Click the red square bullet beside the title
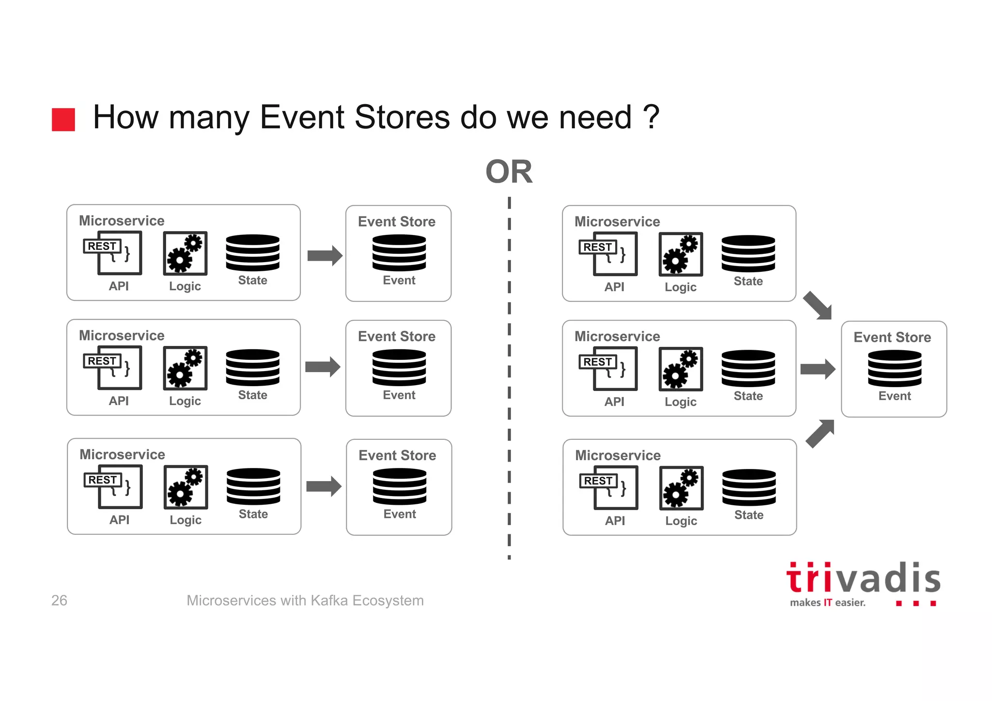63,119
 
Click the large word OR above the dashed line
509,172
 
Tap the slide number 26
59,600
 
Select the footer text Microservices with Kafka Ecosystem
305,600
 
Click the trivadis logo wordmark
863,579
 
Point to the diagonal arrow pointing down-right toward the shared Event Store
818,306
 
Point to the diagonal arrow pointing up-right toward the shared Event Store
820,433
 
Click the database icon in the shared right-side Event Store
894,368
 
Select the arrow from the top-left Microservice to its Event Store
325,255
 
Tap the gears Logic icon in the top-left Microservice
185,253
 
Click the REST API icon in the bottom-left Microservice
113,486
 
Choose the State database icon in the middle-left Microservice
252,368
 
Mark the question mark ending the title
651,117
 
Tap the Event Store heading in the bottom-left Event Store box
397,455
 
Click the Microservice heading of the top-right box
617,221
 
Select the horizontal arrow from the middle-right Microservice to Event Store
818,369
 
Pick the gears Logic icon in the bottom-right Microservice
681,488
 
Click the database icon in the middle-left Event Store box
399,368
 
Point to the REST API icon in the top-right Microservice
609,254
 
